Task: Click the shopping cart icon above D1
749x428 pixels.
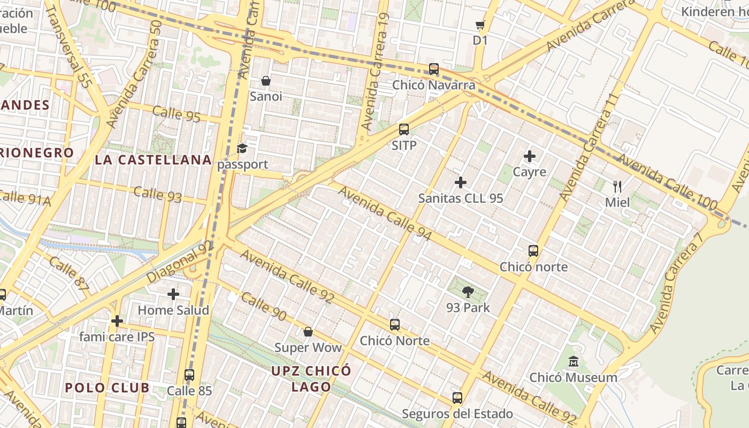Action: (480, 25)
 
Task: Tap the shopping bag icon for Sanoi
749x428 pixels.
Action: (265, 81)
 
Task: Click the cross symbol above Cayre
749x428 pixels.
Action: (530, 156)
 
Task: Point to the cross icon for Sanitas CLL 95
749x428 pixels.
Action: (460, 183)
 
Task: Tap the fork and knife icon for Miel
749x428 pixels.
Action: (617, 187)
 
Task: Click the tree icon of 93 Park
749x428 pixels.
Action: (468, 292)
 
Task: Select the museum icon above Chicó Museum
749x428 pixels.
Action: (574, 362)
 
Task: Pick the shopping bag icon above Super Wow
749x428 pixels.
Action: (308, 332)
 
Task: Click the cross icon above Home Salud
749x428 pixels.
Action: (173, 294)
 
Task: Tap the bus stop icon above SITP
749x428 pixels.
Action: (404, 129)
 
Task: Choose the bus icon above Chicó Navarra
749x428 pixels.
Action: (434, 69)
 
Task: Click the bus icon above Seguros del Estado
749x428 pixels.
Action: (457, 398)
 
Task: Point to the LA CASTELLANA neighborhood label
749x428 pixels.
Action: (154, 159)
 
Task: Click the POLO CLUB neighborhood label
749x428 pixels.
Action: (107, 388)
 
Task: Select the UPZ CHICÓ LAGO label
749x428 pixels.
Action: (311, 379)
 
